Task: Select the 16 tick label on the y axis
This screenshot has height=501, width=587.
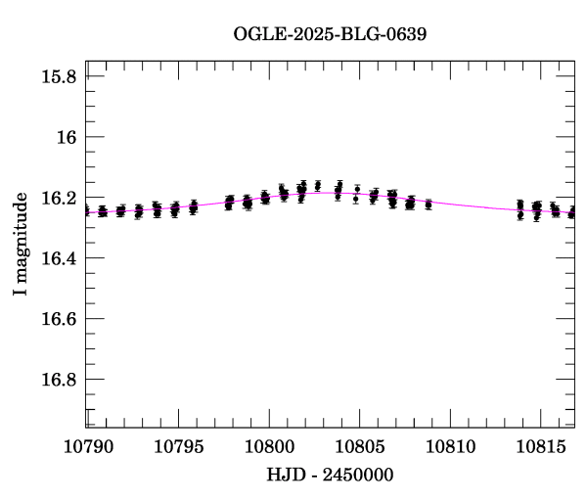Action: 68,137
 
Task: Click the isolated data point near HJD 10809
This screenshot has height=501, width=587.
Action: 429,205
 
